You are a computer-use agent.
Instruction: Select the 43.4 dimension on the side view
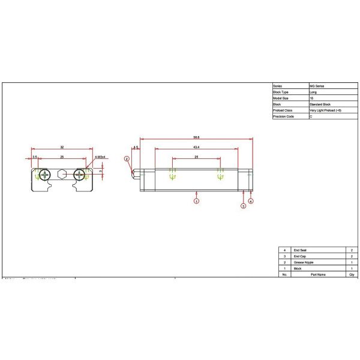196,147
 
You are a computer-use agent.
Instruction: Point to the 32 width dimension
62,146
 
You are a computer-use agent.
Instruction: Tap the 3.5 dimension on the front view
35,157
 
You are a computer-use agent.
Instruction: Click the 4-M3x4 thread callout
100,157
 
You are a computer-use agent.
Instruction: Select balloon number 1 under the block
196,202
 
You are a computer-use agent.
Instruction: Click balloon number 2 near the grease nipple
127,159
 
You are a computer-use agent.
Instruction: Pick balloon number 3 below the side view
243,206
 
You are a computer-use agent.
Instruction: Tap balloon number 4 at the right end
251,201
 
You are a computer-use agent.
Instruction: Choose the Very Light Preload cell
326,110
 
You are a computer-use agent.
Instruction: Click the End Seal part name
300,250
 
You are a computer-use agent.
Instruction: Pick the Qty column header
351,275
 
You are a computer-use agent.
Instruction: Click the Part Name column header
317,275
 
